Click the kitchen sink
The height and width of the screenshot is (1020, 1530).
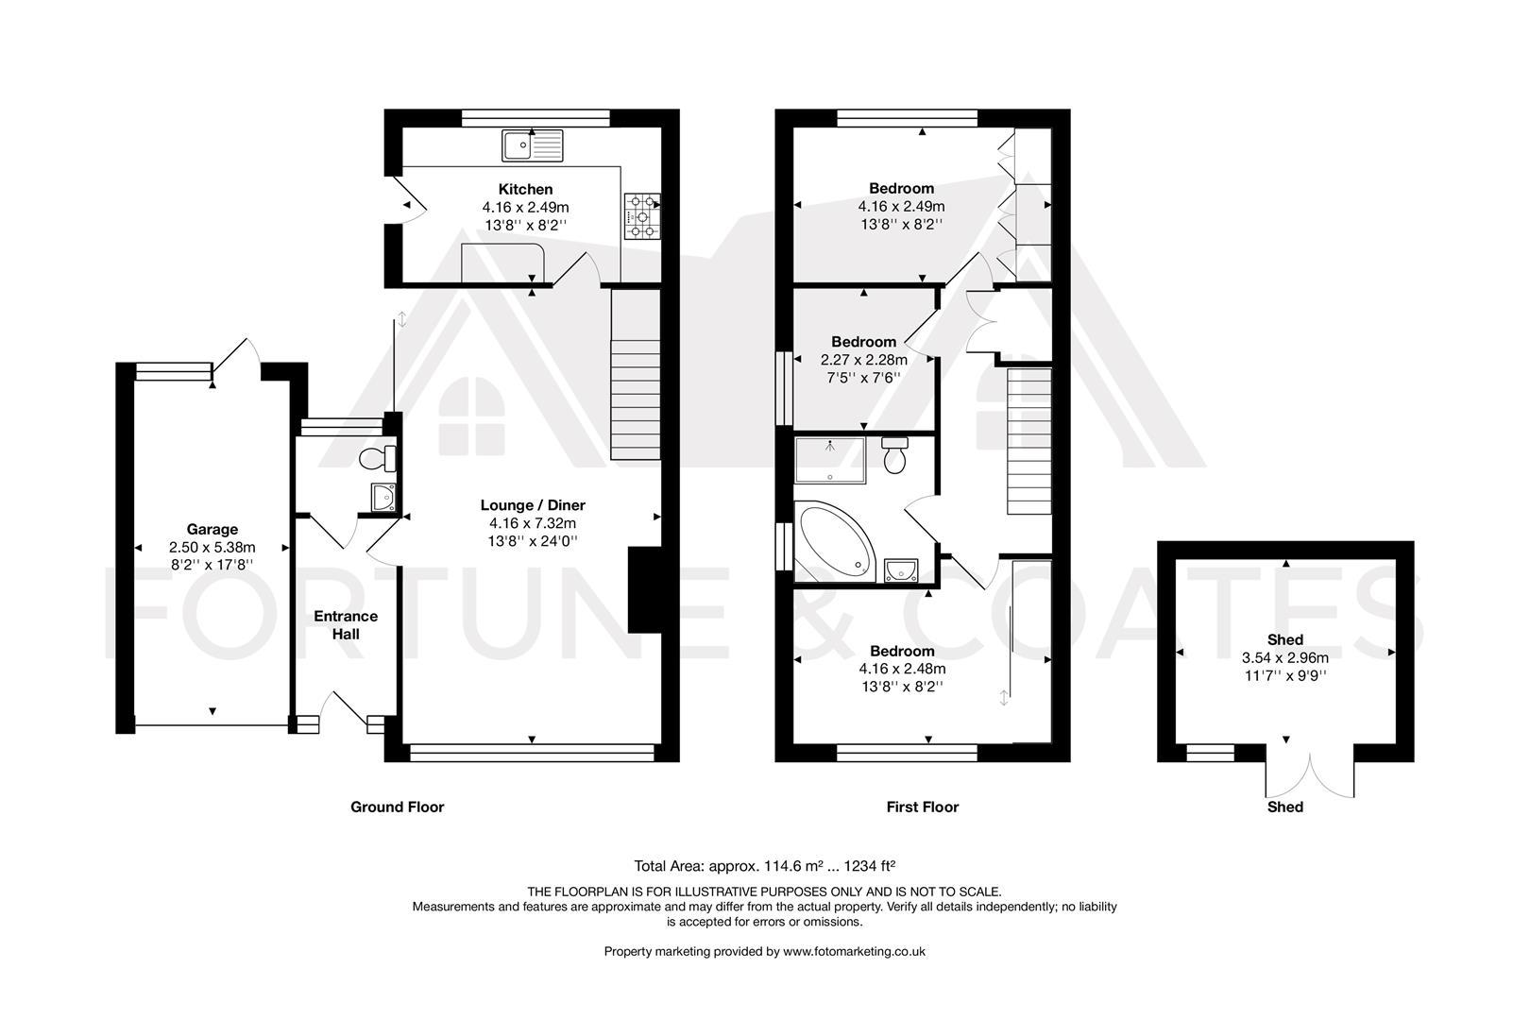[x=532, y=145]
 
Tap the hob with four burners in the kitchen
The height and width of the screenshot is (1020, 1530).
[x=642, y=217]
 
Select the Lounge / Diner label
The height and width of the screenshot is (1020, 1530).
[x=532, y=505]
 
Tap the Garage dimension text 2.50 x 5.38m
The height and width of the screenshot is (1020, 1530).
[x=212, y=547]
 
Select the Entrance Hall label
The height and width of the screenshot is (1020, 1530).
[x=346, y=624]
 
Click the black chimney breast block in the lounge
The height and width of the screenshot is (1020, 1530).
[x=643, y=589]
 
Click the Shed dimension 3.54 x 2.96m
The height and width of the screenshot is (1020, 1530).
[x=1284, y=658]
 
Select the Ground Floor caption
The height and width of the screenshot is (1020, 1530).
[x=397, y=807]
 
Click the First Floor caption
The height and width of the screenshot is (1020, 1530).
[x=922, y=807]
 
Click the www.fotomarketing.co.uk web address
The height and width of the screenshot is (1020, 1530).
[x=854, y=951]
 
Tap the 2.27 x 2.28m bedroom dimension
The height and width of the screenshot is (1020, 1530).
[x=863, y=360]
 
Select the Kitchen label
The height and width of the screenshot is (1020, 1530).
[x=525, y=190]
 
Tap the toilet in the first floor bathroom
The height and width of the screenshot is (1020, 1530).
[x=893, y=457]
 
